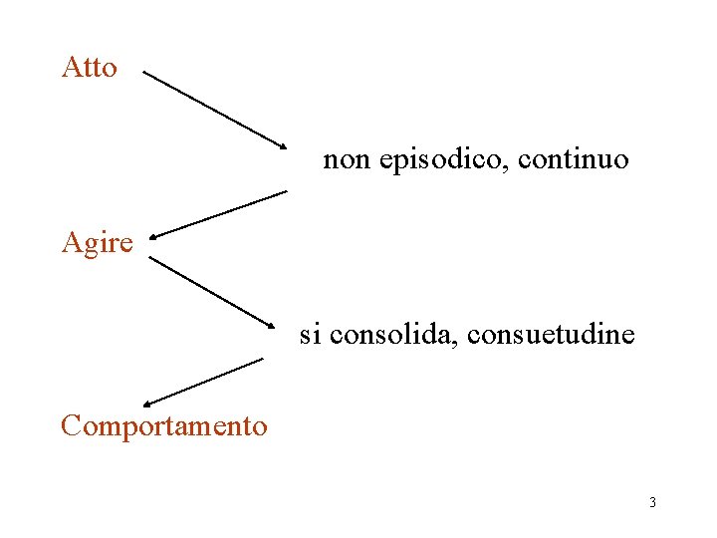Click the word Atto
(x=89, y=68)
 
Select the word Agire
(x=97, y=243)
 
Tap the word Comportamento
(x=164, y=426)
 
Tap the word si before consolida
(x=311, y=335)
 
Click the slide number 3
(x=652, y=502)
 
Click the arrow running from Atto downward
(x=214, y=110)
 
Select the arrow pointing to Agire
(x=219, y=214)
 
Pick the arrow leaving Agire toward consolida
(x=212, y=292)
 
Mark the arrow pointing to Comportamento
(x=204, y=382)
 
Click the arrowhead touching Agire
(x=156, y=236)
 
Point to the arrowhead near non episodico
(x=280, y=144)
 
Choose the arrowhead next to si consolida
(x=269, y=323)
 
